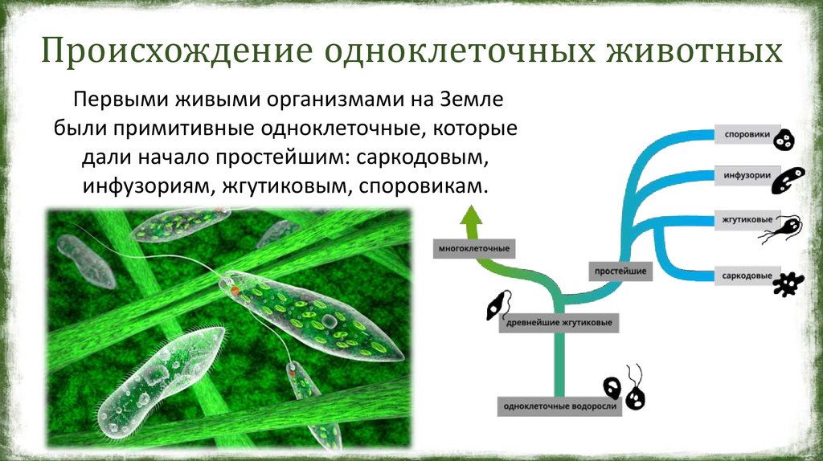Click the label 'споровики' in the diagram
(747, 134)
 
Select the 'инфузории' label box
(747, 175)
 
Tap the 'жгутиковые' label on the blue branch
(747, 220)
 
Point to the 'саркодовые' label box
(747, 275)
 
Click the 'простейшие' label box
(620, 271)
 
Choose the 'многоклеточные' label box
(474, 249)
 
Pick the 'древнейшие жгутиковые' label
(559, 323)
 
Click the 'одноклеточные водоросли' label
(559, 406)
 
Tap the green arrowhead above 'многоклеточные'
(471, 217)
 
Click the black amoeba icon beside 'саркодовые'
(788, 284)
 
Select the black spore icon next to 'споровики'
(785, 140)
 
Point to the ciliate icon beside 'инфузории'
(788, 180)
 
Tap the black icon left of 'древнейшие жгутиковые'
(497, 306)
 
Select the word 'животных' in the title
(694, 51)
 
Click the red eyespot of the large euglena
(235, 290)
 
